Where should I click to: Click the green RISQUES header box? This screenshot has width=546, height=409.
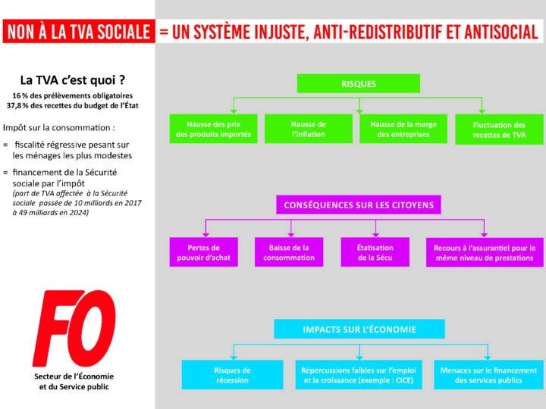[359, 83]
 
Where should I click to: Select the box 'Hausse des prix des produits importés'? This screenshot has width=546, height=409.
[213, 130]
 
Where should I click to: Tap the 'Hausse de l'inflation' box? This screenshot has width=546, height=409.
[309, 130]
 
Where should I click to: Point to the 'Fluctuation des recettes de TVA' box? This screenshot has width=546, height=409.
[499, 130]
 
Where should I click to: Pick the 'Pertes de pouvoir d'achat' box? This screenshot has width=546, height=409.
[204, 252]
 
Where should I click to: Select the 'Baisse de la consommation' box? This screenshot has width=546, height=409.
[289, 252]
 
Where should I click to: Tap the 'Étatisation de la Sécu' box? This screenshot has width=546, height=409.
[375, 252]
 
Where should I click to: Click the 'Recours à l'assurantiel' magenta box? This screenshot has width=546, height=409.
[484, 252]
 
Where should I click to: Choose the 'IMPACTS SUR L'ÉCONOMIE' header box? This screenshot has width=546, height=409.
[359, 329]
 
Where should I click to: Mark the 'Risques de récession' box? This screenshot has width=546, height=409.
[232, 375]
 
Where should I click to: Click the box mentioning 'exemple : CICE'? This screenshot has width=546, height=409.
[359, 375]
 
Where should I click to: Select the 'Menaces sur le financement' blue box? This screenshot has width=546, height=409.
[488, 375]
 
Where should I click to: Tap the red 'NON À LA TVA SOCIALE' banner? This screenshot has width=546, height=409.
[77, 32]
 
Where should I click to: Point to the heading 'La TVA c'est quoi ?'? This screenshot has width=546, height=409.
[73, 80]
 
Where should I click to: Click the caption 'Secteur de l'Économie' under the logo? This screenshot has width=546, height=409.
[74, 376]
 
